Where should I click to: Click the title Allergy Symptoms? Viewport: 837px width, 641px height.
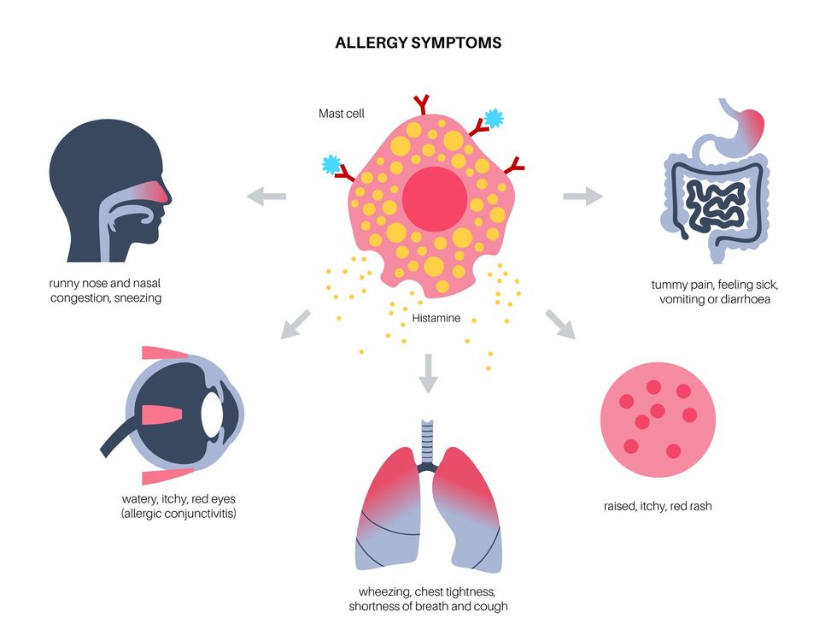click(418, 42)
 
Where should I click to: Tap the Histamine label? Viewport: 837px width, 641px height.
click(436, 318)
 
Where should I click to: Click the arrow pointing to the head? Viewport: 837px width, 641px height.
click(266, 197)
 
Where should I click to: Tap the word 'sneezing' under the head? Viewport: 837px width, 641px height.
click(138, 298)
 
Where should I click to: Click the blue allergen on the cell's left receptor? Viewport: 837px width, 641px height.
click(331, 164)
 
